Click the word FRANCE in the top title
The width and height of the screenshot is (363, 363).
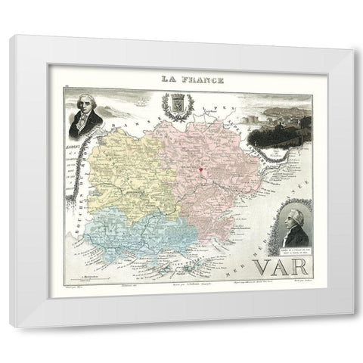[195, 77]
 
